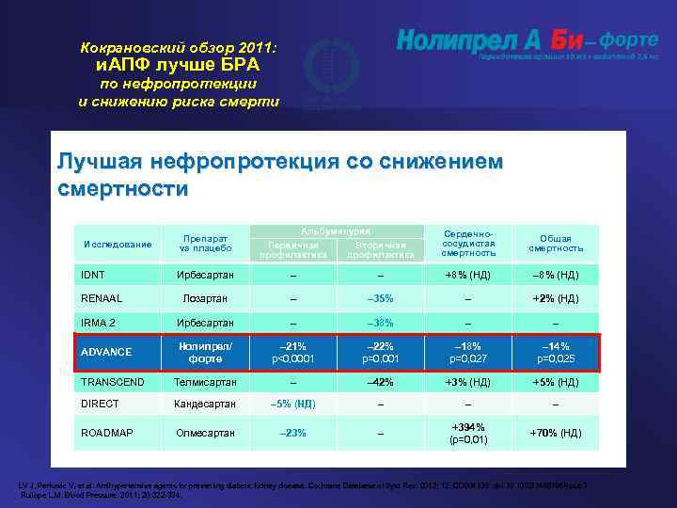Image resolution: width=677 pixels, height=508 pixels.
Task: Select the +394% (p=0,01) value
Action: click(468, 433)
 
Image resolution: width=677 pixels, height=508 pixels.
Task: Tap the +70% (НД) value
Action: click(556, 433)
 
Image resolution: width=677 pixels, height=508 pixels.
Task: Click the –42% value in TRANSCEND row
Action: click(380, 383)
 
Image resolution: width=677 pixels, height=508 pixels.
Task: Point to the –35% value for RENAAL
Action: click(380, 298)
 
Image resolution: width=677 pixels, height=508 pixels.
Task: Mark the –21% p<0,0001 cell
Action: click(292, 352)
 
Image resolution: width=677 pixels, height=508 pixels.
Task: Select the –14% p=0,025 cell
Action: click(556, 352)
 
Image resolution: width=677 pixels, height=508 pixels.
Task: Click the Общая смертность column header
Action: click(556, 244)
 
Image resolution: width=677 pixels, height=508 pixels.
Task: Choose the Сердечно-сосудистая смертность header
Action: click(468, 242)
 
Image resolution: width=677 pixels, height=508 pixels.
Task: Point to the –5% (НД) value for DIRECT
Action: click(292, 405)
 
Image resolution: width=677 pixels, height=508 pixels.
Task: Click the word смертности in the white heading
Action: click(122, 189)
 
